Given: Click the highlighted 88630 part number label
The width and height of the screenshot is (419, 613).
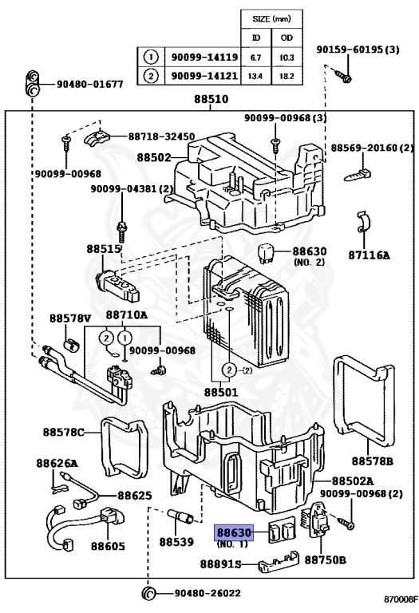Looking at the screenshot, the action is (x=234, y=532).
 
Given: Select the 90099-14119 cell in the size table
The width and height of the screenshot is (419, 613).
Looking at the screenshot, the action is (x=204, y=57).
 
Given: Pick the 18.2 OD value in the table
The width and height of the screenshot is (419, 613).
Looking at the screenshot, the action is (x=287, y=76).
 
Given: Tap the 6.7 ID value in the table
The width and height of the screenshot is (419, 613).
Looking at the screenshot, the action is (x=255, y=57).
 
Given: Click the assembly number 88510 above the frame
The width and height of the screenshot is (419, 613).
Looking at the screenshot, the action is (x=211, y=99).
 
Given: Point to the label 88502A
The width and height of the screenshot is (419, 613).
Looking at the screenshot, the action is (x=353, y=481).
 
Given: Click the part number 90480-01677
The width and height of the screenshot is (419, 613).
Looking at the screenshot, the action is (x=90, y=84).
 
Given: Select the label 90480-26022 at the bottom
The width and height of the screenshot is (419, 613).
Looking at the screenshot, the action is (x=208, y=593).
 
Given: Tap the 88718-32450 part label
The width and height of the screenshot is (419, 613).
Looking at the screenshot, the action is (x=161, y=136).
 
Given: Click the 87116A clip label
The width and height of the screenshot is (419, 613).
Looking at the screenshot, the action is (x=369, y=255).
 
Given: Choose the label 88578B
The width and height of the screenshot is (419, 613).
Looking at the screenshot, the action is (x=372, y=461).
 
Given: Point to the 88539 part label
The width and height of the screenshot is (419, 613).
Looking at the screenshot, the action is (x=176, y=542).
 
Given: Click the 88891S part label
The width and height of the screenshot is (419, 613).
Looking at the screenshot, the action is (x=220, y=564).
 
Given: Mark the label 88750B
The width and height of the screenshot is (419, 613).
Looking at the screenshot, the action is (x=325, y=560).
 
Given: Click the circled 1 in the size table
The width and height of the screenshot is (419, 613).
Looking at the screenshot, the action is (x=151, y=57).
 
